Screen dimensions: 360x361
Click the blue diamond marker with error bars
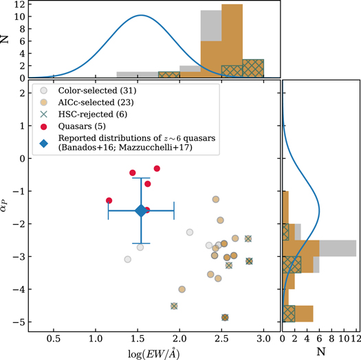[x=141, y=211]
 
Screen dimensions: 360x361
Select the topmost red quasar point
[x=157, y=168]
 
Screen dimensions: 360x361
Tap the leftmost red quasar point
[x=109, y=201]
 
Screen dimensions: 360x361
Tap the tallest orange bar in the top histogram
[x=232, y=41]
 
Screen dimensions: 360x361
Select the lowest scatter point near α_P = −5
[x=225, y=317]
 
